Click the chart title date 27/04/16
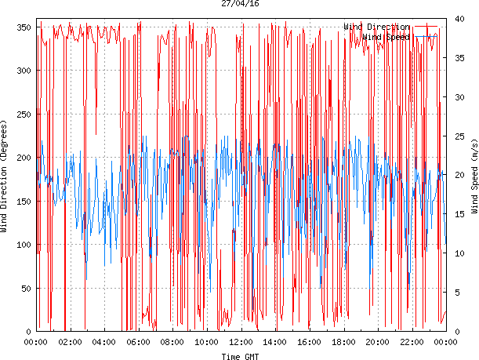pyautogui.click(x=241, y=4)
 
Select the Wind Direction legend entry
pyautogui.click(x=376, y=27)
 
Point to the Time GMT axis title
pyautogui.click(x=241, y=356)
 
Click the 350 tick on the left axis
pyautogui.click(x=23, y=27)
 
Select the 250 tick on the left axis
pyautogui.click(x=23, y=115)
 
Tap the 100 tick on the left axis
pyautogui.click(x=23, y=245)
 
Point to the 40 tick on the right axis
pyautogui.click(x=458, y=19)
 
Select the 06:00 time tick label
pyautogui.click(x=138, y=342)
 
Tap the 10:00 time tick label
pyautogui.click(x=206, y=342)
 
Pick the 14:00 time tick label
pyautogui.click(x=275, y=342)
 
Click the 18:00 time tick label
pyautogui.click(x=343, y=342)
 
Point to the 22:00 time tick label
pyautogui.click(x=412, y=342)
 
